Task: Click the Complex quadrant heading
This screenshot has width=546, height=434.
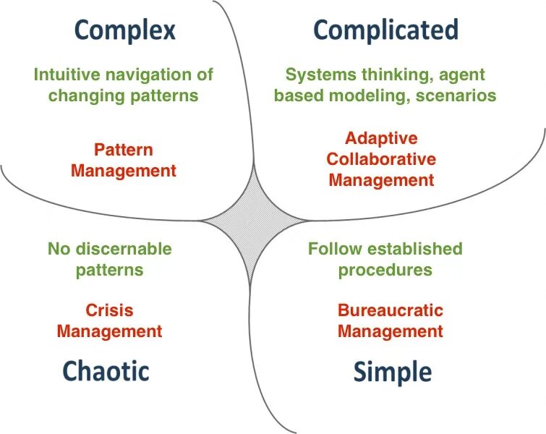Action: click(125, 30)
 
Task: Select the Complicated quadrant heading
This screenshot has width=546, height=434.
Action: click(385, 30)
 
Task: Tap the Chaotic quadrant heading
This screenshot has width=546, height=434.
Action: click(106, 370)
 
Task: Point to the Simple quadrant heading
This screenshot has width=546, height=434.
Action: click(393, 372)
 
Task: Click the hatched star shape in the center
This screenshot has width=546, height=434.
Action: click(254, 219)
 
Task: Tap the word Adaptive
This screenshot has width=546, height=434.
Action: click(381, 137)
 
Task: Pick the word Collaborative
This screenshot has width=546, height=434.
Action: click(381, 158)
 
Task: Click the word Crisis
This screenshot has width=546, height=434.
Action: click(109, 310)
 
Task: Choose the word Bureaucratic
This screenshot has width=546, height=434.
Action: click(391, 310)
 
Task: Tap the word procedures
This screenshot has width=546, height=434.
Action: click(385, 270)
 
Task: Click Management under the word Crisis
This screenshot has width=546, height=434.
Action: click(109, 331)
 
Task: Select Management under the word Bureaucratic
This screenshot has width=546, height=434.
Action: click(391, 331)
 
